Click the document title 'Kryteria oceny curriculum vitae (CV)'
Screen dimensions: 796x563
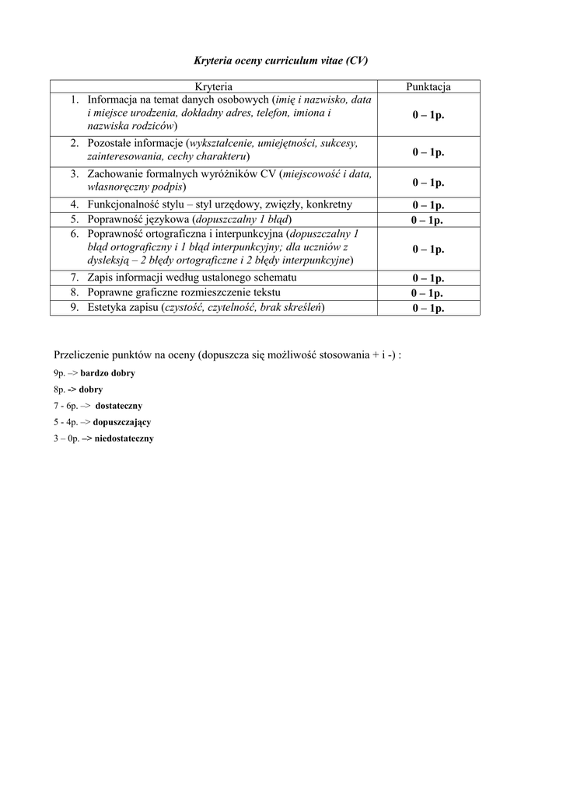coord(280,60)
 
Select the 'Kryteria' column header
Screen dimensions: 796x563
coord(214,86)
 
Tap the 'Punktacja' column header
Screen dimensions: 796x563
coord(428,86)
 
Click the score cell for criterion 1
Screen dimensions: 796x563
coord(428,114)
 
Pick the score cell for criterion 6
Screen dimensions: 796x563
coord(428,249)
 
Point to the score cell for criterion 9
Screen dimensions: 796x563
coord(428,308)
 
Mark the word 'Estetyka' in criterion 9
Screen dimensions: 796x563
coord(109,307)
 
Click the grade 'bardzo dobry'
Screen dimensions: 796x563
coord(107,373)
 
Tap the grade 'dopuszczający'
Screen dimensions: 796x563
coord(121,422)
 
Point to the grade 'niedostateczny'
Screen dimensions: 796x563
coord(124,438)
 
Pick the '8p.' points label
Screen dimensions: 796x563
coord(59,389)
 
